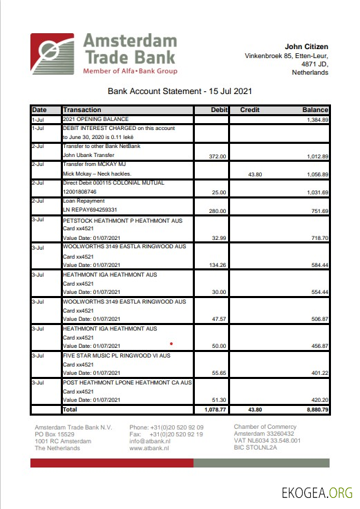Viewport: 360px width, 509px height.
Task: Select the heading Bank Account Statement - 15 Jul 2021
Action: tap(180, 91)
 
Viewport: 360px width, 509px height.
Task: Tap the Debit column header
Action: tap(219, 110)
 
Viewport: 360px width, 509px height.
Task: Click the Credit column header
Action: tap(249, 110)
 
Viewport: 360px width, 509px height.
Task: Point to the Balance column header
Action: tap(314, 110)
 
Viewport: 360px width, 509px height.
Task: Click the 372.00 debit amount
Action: tap(218, 156)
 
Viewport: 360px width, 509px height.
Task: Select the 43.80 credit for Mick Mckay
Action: tap(256, 174)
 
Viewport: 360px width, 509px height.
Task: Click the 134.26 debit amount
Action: tap(218, 264)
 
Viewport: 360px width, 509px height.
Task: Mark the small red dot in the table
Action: tap(171, 342)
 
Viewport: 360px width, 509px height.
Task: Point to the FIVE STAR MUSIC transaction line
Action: tap(116, 355)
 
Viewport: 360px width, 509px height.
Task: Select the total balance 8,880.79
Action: tap(315, 410)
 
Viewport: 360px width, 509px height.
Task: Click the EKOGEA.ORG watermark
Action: tap(317, 492)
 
